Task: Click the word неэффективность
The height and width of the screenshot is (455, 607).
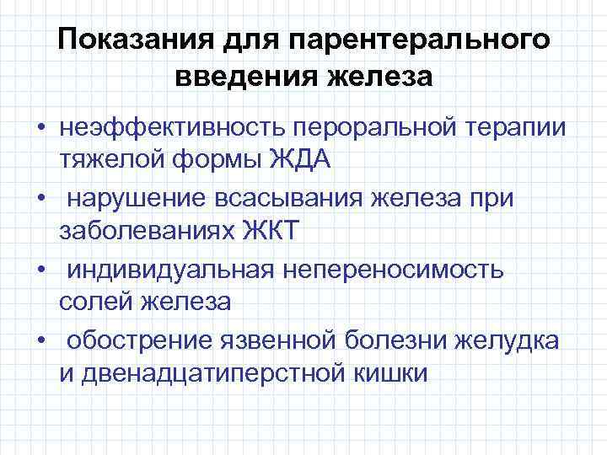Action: (x=173, y=126)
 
